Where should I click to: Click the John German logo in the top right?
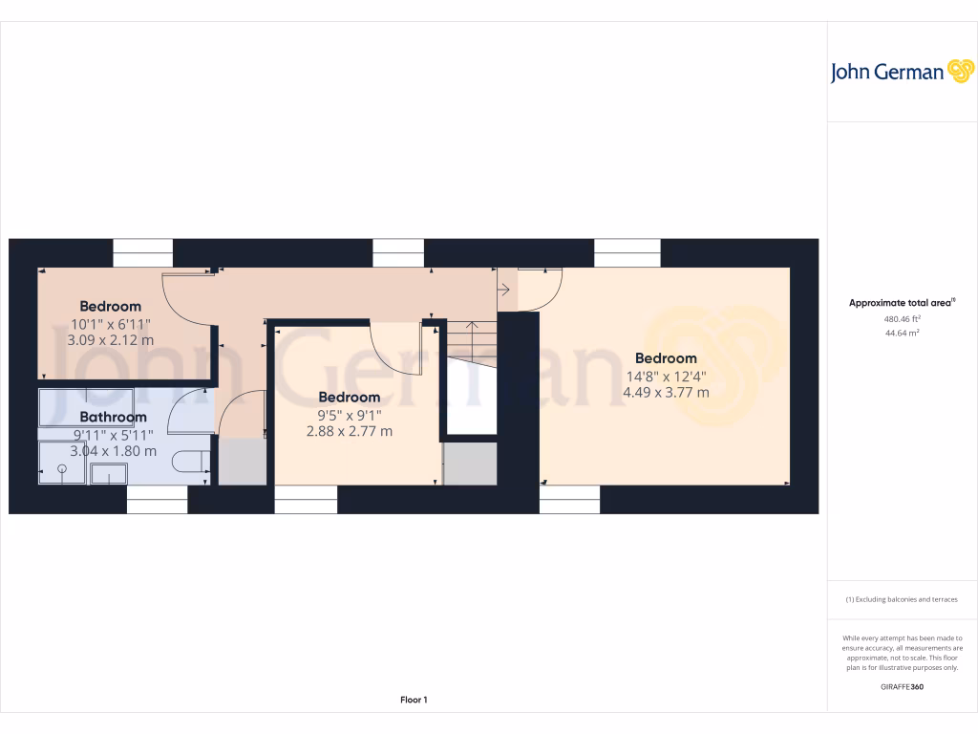click(x=901, y=72)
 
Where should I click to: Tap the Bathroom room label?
click(x=113, y=417)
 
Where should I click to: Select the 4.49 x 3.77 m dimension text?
click(x=666, y=392)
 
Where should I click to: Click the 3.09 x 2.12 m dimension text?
click(x=111, y=339)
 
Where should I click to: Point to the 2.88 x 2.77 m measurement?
click(x=350, y=431)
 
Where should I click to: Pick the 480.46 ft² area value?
click(x=902, y=319)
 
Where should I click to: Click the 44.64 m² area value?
click(x=902, y=334)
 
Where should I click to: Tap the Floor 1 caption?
click(x=414, y=701)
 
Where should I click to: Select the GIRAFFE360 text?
click(x=902, y=687)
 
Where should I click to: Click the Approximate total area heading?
click(x=902, y=303)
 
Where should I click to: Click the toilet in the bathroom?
click(x=192, y=463)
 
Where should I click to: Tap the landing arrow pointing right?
click(x=502, y=287)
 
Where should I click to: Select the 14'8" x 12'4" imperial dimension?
click(x=666, y=376)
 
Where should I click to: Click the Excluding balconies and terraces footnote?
click(x=902, y=600)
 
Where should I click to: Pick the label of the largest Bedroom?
click(x=666, y=358)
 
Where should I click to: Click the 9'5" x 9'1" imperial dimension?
click(x=350, y=415)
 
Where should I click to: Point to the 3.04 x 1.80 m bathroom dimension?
click(x=113, y=451)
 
